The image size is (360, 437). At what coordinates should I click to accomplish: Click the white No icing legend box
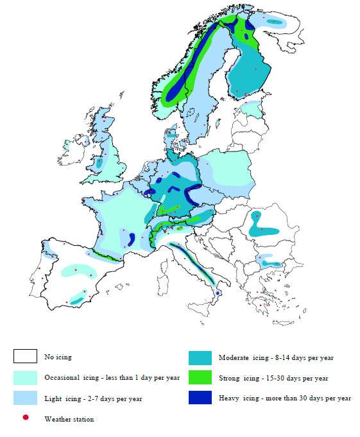click(25, 357)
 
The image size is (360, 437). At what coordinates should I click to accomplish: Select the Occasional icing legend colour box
click(25, 377)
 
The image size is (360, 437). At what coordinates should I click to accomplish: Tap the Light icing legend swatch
click(25, 398)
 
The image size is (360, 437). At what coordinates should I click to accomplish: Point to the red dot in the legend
click(25, 418)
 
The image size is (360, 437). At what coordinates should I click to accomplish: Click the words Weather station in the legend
click(69, 419)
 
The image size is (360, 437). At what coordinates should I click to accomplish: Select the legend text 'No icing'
click(58, 357)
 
